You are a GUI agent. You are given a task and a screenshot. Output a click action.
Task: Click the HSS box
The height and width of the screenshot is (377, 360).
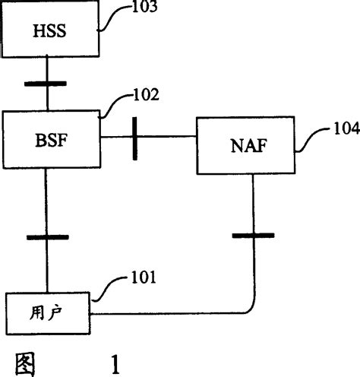click(x=50, y=31)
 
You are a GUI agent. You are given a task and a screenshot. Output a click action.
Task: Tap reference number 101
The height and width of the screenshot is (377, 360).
click(x=141, y=277)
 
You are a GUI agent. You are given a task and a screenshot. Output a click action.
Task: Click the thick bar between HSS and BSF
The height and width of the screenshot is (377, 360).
click(x=47, y=83)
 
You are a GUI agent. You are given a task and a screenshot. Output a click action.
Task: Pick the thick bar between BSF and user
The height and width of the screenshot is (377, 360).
click(x=47, y=238)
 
